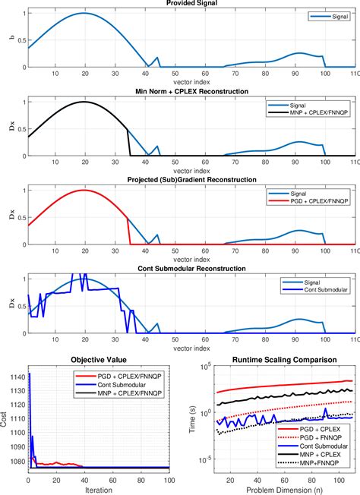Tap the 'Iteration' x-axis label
pyautogui.click(x=98, y=490)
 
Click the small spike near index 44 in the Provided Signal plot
pyautogui.click(x=157, y=58)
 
